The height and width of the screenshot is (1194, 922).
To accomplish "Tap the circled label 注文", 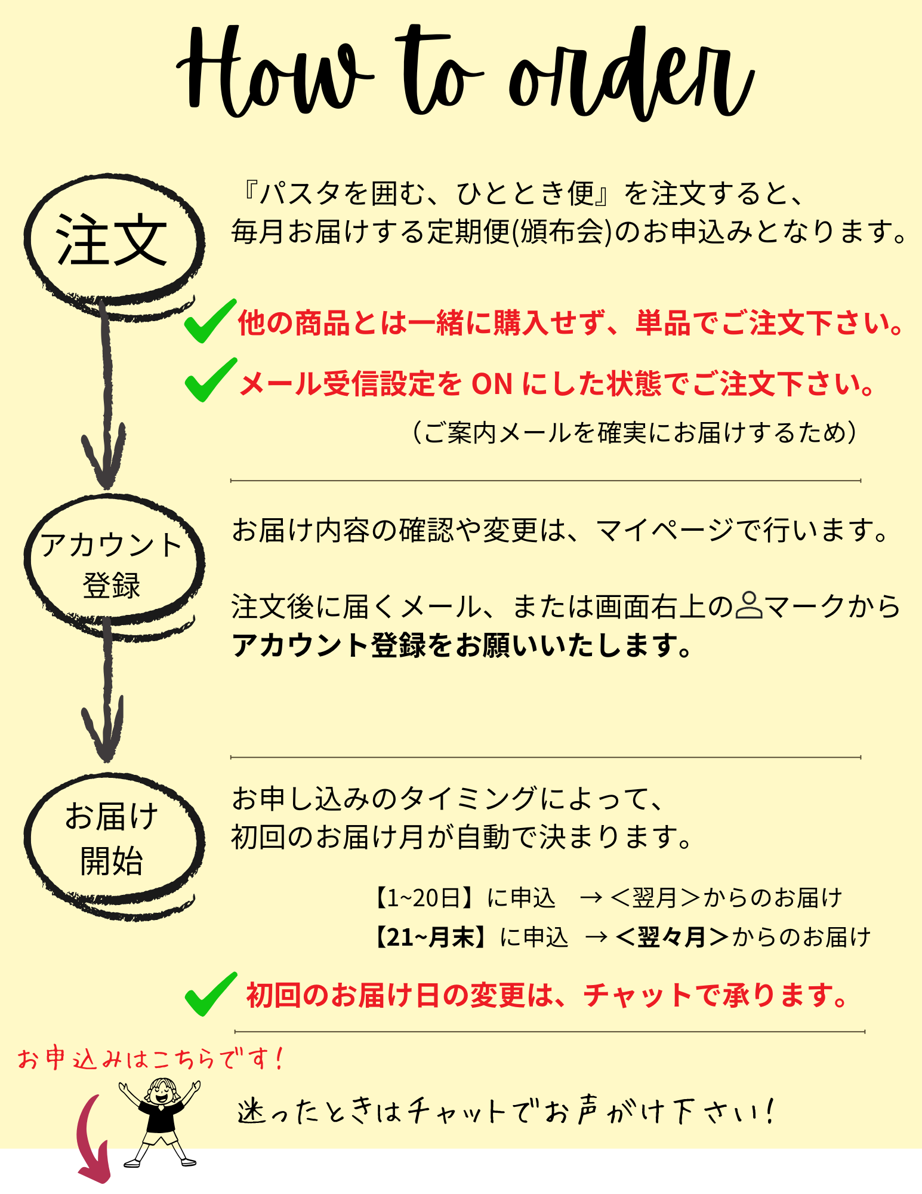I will coord(112,241).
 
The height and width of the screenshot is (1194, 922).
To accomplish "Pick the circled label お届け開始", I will coord(112,839).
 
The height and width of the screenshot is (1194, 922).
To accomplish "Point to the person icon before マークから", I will coord(748,605).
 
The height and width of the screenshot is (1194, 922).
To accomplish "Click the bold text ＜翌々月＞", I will coord(671,937).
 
